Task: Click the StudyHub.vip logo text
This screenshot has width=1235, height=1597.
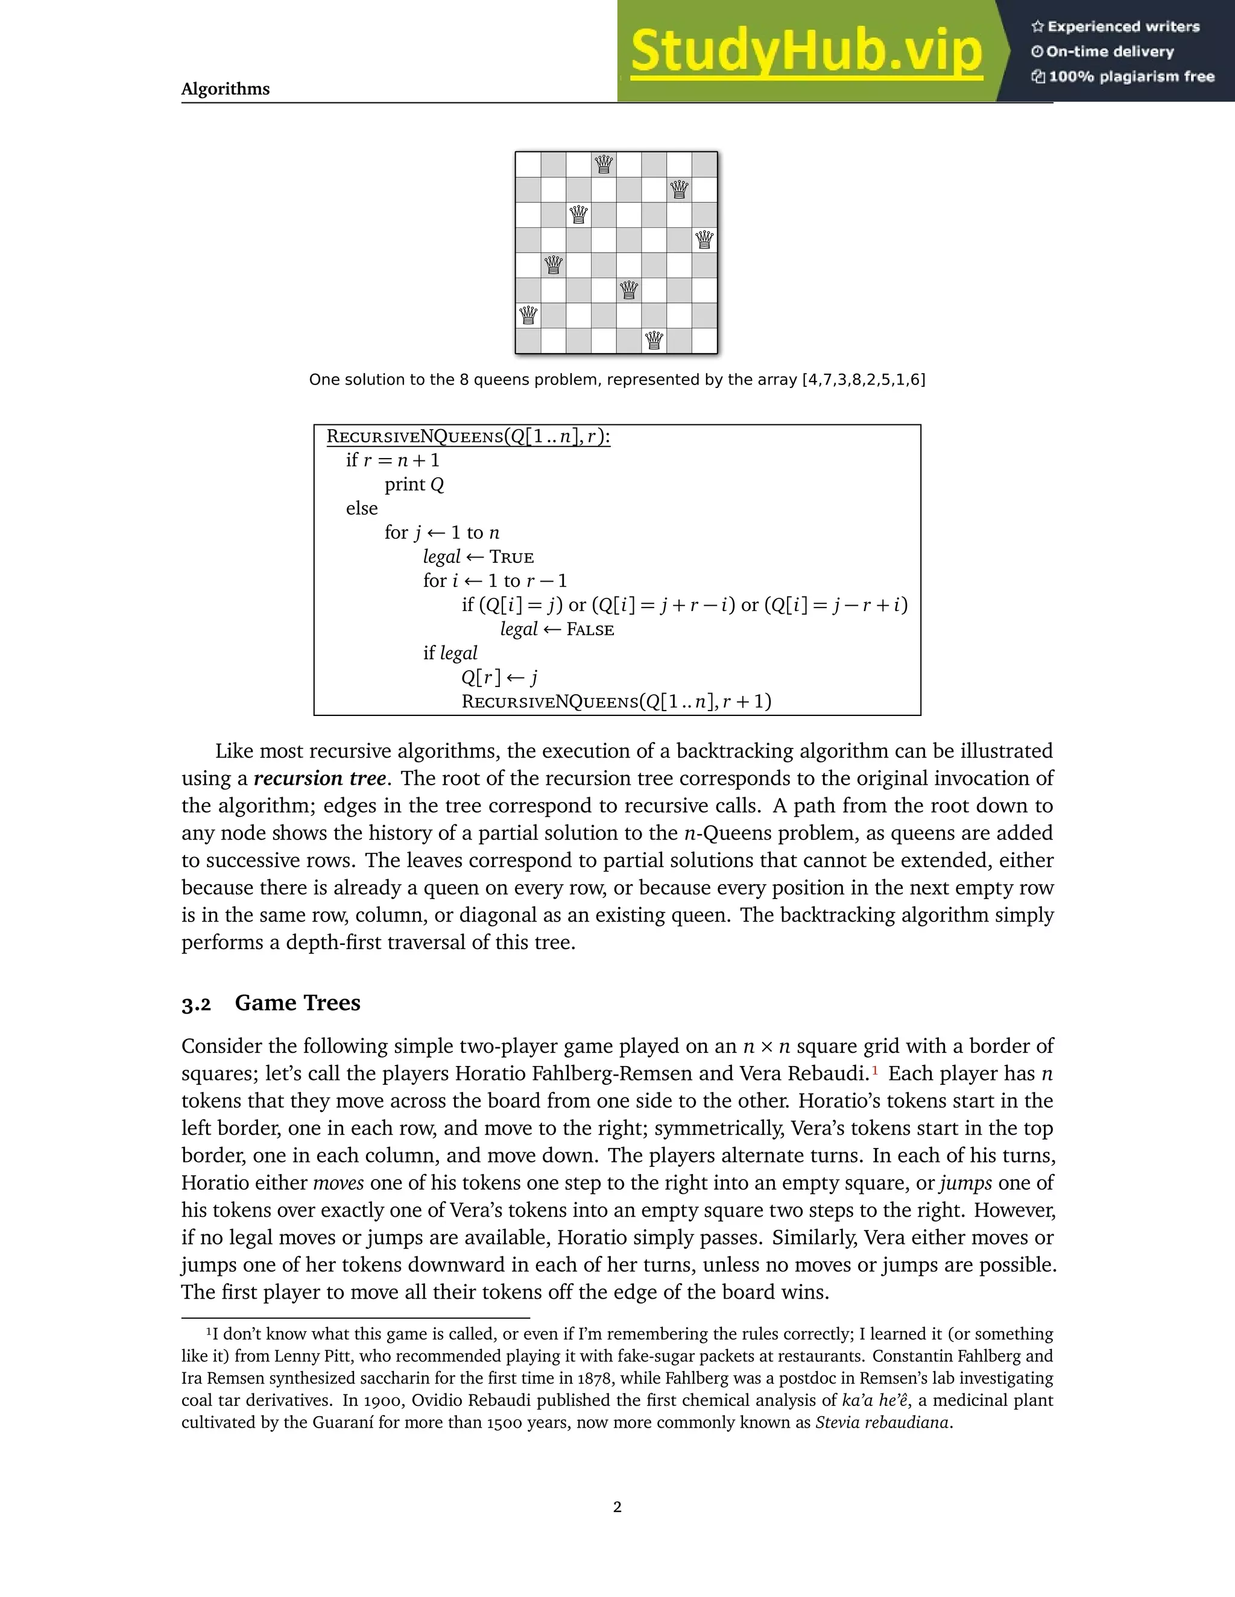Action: [x=806, y=51]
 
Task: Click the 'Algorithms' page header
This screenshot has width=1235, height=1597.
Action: [x=226, y=89]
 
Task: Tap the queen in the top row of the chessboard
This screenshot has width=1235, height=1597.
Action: [x=604, y=165]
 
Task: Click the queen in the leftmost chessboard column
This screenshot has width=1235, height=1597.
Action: [x=528, y=315]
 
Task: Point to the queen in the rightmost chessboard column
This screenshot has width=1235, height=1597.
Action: [x=704, y=240]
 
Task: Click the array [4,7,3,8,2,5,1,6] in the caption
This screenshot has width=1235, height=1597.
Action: [x=864, y=380]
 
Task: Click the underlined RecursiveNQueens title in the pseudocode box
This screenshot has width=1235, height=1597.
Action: [x=468, y=436]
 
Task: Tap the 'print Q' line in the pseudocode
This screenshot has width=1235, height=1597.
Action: [x=414, y=485]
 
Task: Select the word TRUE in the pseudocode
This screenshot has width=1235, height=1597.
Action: [x=511, y=557]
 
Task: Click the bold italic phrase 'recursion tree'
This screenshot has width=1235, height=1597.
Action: [x=319, y=778]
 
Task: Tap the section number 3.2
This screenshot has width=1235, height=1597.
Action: [x=196, y=1005]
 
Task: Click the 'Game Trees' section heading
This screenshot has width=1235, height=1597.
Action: [x=297, y=1003]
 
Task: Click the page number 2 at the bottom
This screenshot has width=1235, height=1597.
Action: [x=617, y=1507]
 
